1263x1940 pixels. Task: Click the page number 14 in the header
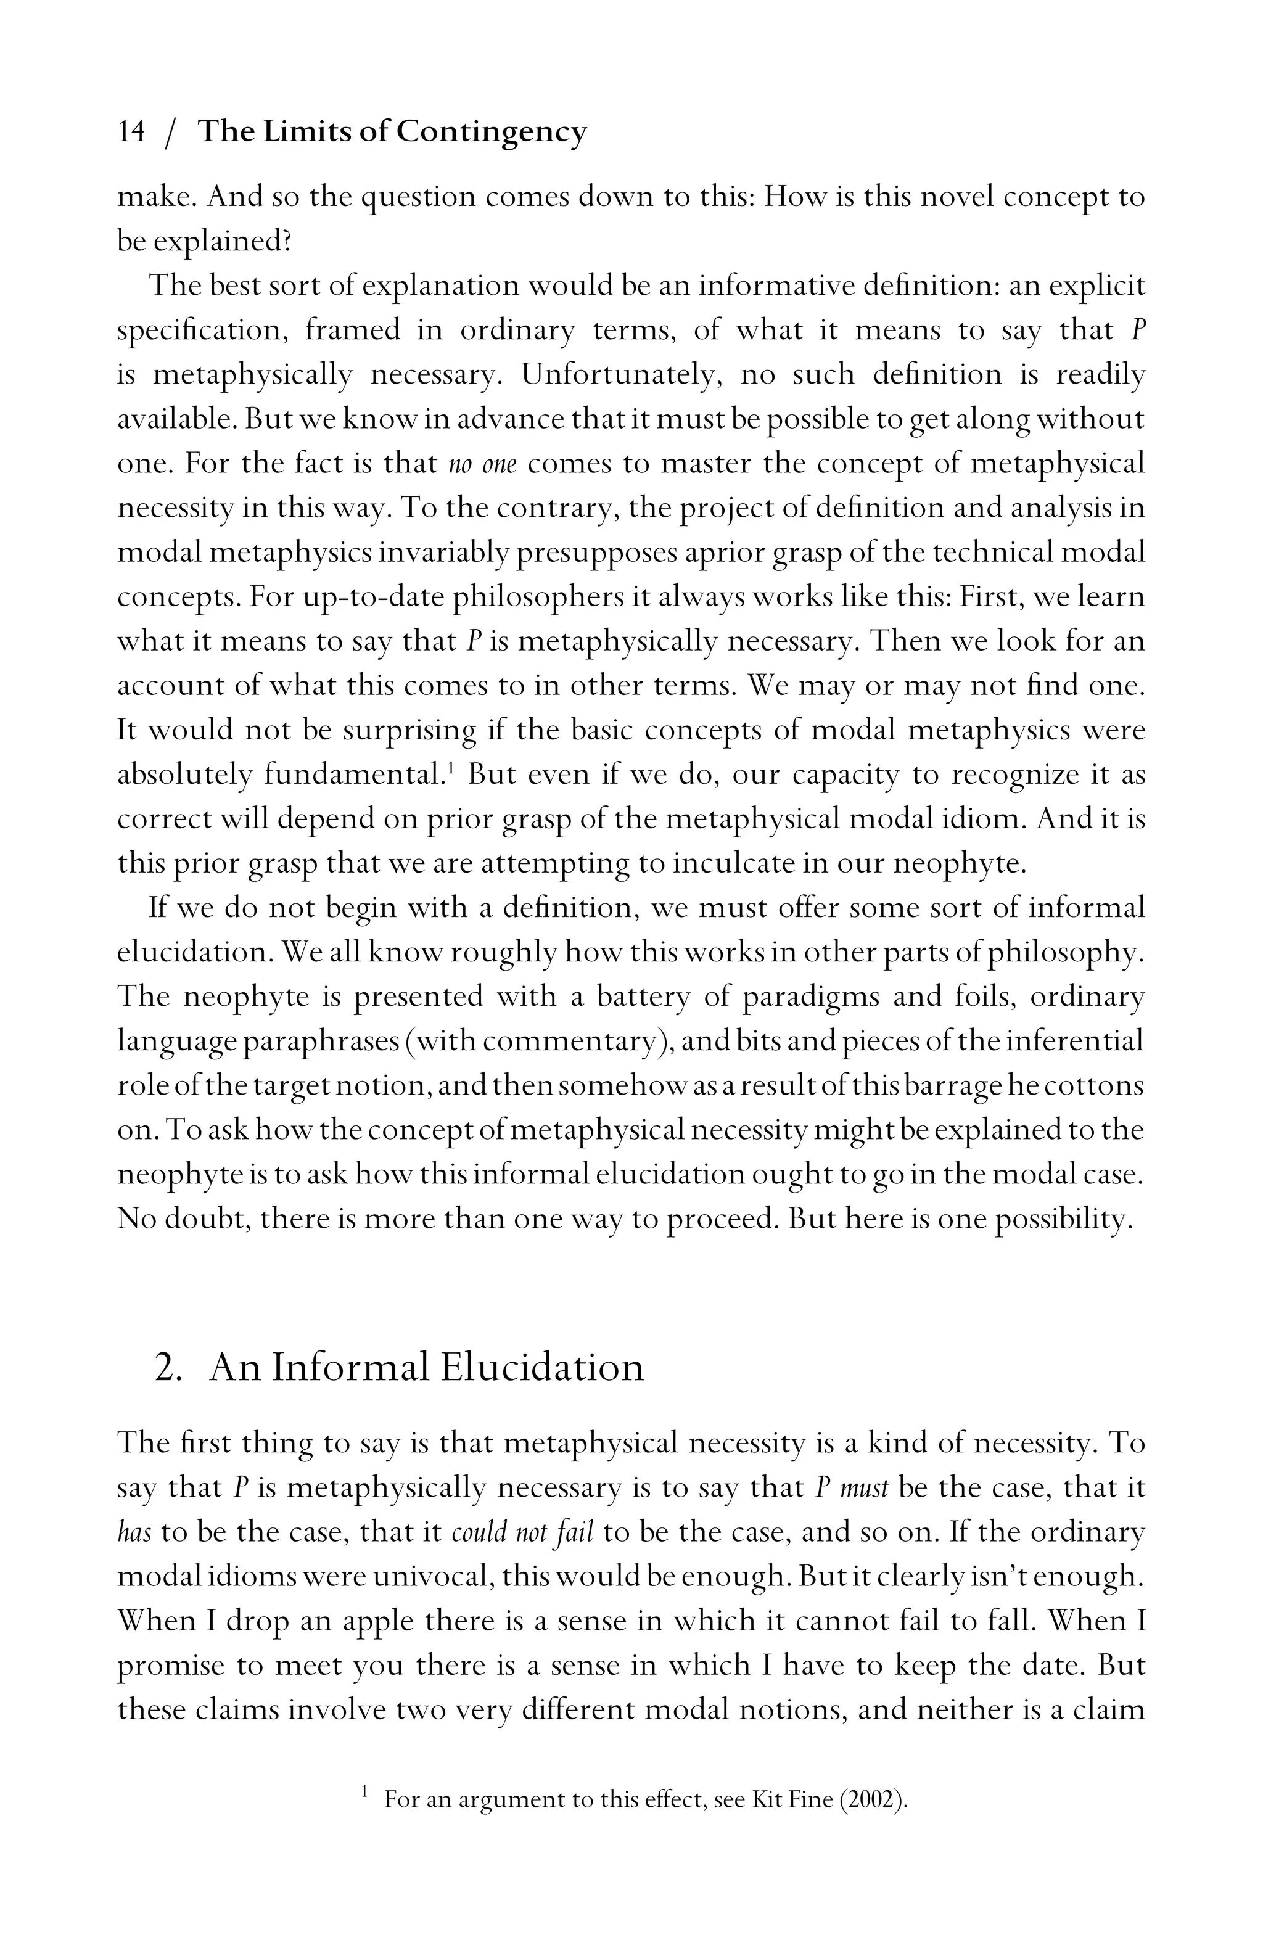coord(131,131)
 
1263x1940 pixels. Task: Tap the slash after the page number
coord(170,133)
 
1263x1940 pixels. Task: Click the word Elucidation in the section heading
coord(542,1367)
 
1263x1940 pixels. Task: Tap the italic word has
coord(134,1532)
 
